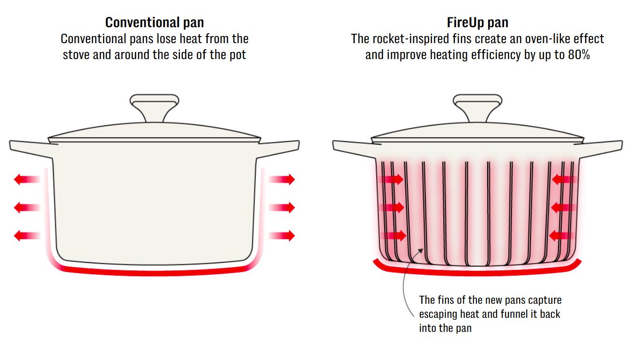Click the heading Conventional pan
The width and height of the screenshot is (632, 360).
154,22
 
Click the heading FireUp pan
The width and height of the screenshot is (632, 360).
477,22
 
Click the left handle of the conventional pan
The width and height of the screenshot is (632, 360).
31,149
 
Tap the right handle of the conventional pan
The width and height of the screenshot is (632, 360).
278,149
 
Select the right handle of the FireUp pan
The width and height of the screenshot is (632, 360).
601,149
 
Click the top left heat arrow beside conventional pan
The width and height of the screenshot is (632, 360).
27,179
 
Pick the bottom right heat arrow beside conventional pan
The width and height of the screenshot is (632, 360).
282,236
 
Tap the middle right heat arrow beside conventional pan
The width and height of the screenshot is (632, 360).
282,208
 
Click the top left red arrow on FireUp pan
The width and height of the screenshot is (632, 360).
391,179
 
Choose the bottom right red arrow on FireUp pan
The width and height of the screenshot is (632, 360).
562,236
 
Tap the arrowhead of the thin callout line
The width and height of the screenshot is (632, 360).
421,250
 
